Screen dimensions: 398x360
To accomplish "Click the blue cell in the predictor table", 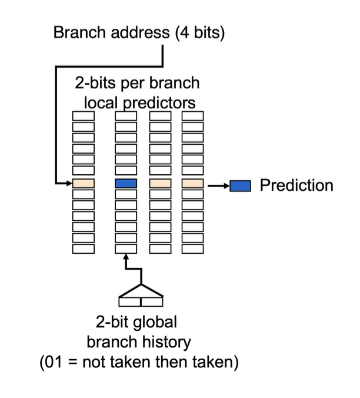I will click(x=125, y=184).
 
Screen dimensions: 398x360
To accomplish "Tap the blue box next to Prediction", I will click(x=240, y=186).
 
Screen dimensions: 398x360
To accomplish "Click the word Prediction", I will click(x=296, y=185).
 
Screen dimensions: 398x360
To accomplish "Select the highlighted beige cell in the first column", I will click(x=83, y=184).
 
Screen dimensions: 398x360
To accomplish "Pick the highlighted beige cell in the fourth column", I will click(x=192, y=184).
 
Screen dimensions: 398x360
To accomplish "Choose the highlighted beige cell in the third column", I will click(x=160, y=184).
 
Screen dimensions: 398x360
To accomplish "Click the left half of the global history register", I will click(x=129, y=302).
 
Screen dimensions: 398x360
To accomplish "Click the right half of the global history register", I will click(x=151, y=302).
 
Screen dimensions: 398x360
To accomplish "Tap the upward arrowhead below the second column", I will click(x=126, y=258).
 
